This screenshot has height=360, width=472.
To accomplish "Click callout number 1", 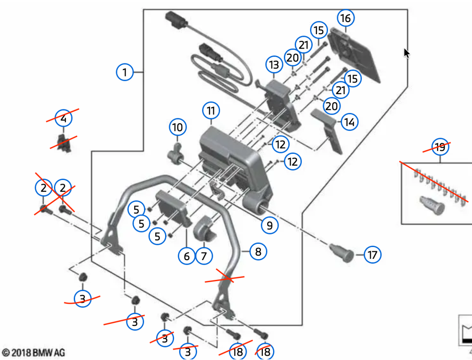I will pyautogui.click(x=125, y=72).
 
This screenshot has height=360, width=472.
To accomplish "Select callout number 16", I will pyautogui.click(x=345, y=18).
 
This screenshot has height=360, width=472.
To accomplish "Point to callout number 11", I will pyautogui.click(x=211, y=110).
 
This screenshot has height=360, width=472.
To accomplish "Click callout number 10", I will pyautogui.click(x=178, y=127).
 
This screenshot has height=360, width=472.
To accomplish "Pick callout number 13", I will pyautogui.click(x=274, y=65).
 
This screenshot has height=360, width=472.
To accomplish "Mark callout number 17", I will pyautogui.click(x=372, y=255).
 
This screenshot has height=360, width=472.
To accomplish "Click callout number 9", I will pyautogui.click(x=269, y=225).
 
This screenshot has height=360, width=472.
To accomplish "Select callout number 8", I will pyautogui.click(x=258, y=252).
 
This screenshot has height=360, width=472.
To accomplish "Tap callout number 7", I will pyautogui.click(x=204, y=256).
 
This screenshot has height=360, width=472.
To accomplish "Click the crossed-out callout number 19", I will pyautogui.click(x=440, y=147).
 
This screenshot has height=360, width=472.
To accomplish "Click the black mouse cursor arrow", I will pyautogui.click(x=407, y=53).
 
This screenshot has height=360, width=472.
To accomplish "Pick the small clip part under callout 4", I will pyautogui.click(x=62, y=141).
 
